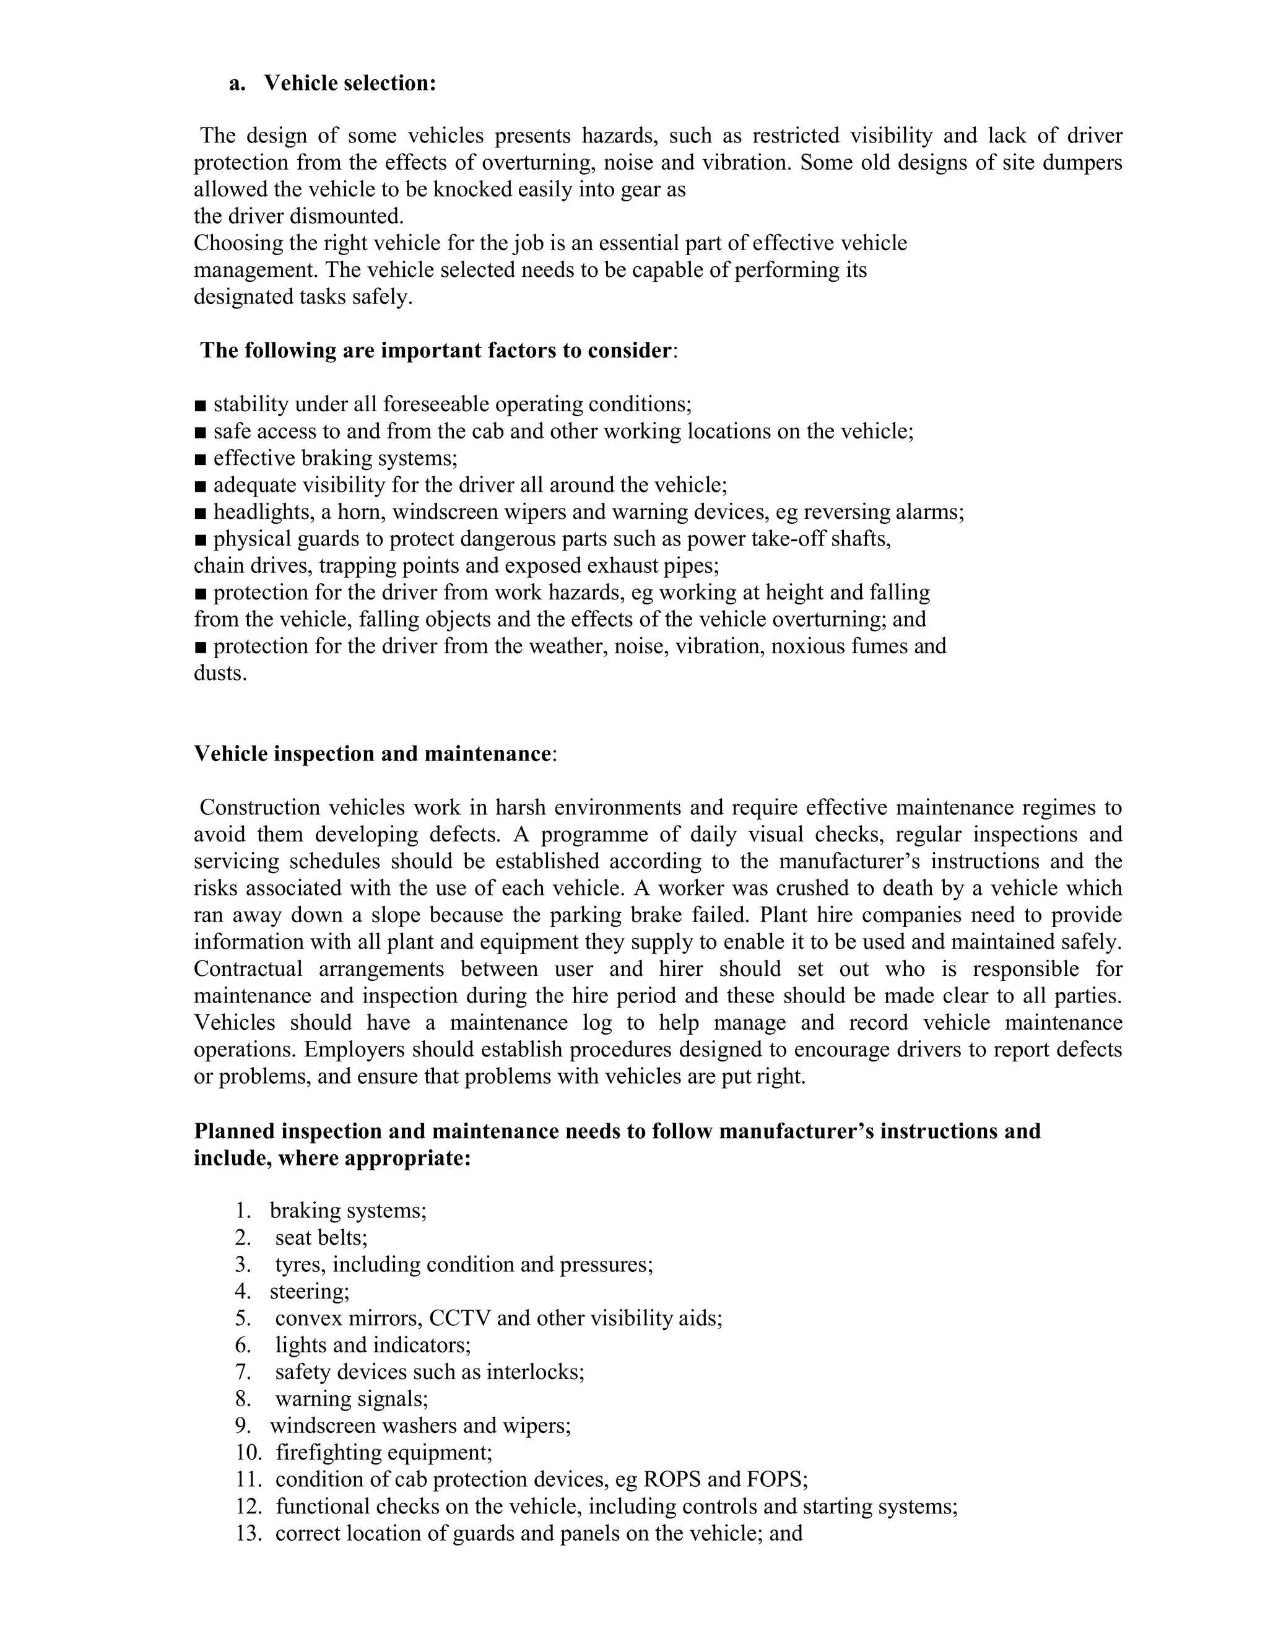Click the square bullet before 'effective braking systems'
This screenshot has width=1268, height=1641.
click(x=200, y=459)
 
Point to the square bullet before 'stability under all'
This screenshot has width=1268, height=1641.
click(x=200, y=406)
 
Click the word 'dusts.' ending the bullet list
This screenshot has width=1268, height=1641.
click(x=220, y=673)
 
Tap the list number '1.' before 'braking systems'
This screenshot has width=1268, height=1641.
click(x=243, y=1211)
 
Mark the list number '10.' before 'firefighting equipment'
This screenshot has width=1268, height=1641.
click(x=249, y=1452)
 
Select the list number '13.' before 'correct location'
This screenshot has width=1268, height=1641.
click(x=249, y=1533)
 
